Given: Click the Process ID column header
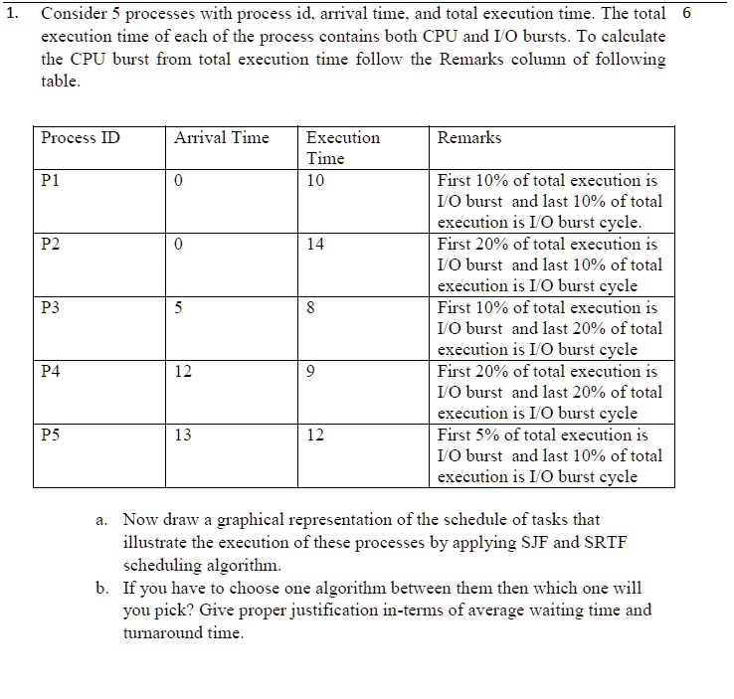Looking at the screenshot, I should coord(81,138).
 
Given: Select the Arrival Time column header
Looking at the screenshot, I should coord(221,138).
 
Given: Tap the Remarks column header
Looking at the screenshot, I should coord(469,138).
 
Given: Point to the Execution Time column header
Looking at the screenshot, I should coord(342,148).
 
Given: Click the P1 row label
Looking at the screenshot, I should coord(51,180).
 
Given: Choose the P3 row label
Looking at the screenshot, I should coord(51,307).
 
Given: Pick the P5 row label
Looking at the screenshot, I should coord(51,435).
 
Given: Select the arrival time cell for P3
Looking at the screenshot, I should coord(177,307).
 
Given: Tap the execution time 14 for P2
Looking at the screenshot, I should coord(315,244).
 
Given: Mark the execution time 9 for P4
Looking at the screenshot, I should coord(311,371).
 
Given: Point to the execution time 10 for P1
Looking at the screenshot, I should coord(315,180).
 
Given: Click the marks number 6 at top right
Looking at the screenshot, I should coord(685,15).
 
